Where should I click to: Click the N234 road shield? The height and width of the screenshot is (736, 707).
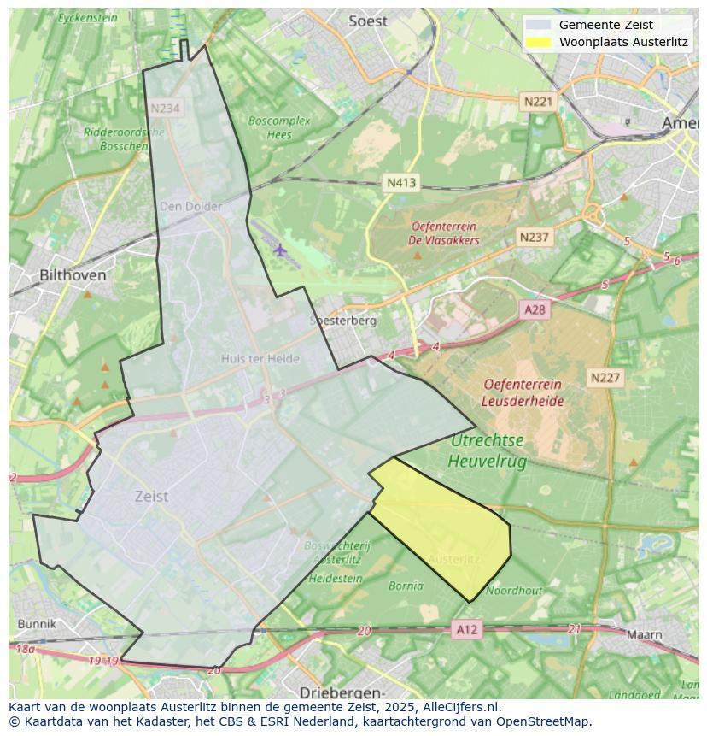pyautogui.click(x=165, y=109)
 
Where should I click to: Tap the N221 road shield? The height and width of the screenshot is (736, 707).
pyautogui.click(x=538, y=102)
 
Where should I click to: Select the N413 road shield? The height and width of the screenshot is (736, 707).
pyautogui.click(x=401, y=183)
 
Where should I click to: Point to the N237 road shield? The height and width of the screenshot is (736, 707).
pyautogui.click(x=535, y=237)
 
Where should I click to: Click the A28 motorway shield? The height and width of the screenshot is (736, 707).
pyautogui.click(x=535, y=309)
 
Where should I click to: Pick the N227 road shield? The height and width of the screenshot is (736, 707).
pyautogui.click(x=605, y=377)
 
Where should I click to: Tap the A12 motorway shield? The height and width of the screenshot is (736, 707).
pyautogui.click(x=467, y=630)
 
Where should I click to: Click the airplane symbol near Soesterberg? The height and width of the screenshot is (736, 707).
pyautogui.click(x=280, y=250)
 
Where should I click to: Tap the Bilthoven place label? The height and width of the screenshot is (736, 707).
pyautogui.click(x=73, y=275)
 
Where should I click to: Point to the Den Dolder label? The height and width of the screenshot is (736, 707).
pyautogui.click(x=191, y=206)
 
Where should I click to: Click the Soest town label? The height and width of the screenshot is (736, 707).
pyautogui.click(x=368, y=21)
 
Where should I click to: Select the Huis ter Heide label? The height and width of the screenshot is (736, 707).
pyautogui.click(x=260, y=359)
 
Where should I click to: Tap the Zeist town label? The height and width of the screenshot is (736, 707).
pyautogui.click(x=151, y=496)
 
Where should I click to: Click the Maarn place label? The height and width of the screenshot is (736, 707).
pyautogui.click(x=644, y=634)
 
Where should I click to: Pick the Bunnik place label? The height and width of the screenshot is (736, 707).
pyautogui.click(x=36, y=624)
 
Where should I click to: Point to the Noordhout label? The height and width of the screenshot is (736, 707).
pyautogui.click(x=514, y=590)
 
